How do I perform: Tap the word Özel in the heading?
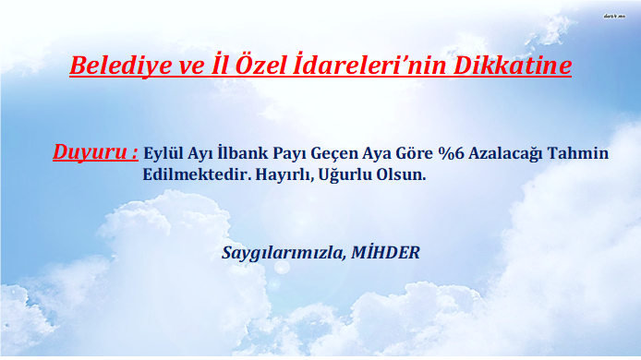(x=260, y=65)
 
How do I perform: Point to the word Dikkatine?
(x=513, y=65)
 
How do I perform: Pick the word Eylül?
(x=163, y=153)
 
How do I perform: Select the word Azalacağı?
(x=505, y=154)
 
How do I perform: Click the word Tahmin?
(x=577, y=153)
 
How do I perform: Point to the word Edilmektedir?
(x=197, y=174)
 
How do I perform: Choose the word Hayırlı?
(x=284, y=175)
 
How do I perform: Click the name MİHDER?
(x=385, y=252)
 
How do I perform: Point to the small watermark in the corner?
(x=614, y=17)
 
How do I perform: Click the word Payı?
(x=289, y=154)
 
